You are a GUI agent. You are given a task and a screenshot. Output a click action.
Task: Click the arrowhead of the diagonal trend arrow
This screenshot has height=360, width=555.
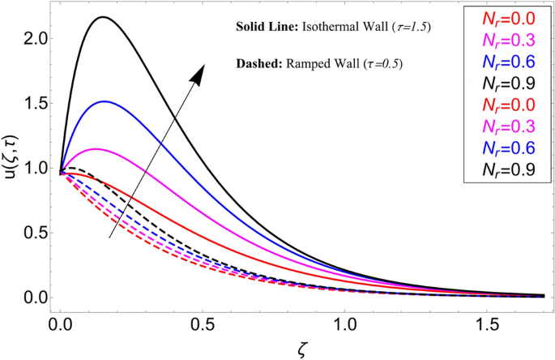coord(198,74)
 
